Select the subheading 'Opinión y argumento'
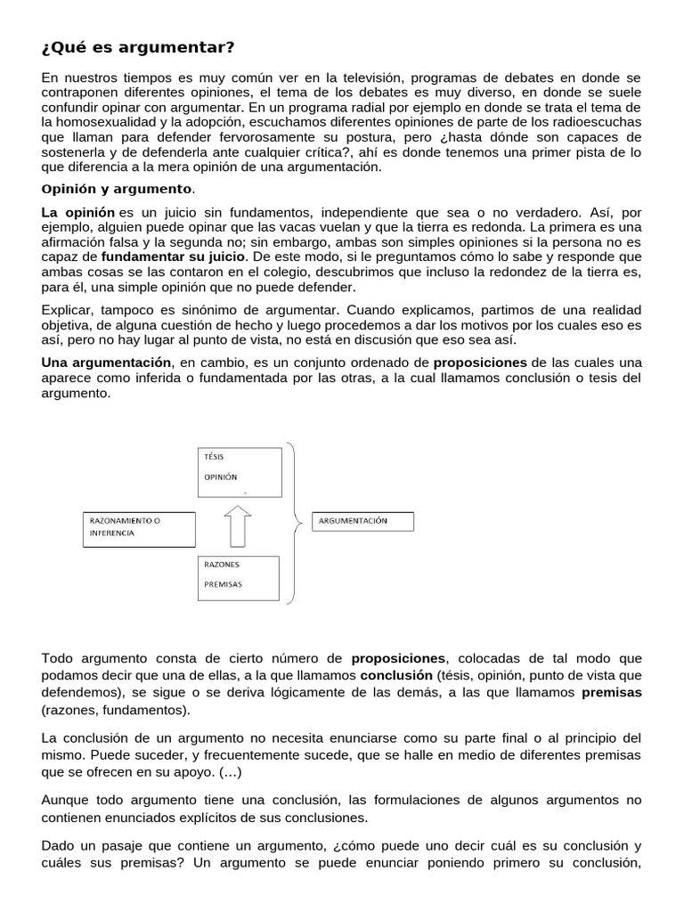click(x=117, y=189)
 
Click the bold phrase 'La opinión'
click(x=78, y=212)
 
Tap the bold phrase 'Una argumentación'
click(x=107, y=362)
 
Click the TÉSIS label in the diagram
click(x=215, y=456)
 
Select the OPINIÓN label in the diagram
click(x=221, y=476)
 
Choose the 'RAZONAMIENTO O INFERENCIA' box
click(x=138, y=526)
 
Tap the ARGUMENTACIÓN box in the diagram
click(x=362, y=521)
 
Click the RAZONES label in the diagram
click(x=222, y=565)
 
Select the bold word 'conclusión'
click(x=395, y=675)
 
